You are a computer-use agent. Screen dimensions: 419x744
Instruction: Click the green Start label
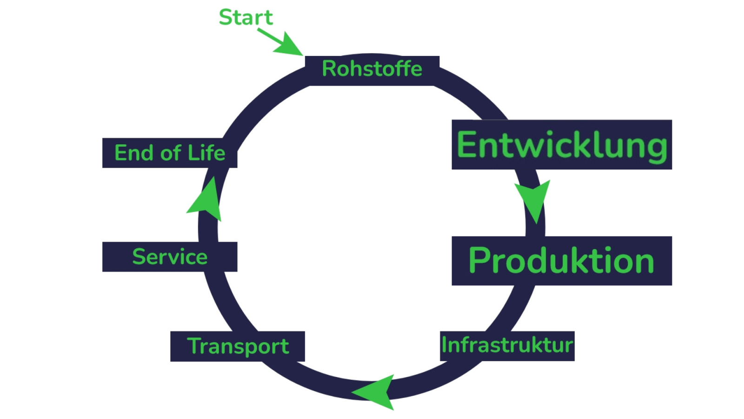pyautogui.click(x=246, y=18)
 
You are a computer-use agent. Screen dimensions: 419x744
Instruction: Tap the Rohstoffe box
pyautogui.click(x=372, y=70)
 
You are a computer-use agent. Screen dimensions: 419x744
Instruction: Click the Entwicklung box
pyautogui.click(x=562, y=145)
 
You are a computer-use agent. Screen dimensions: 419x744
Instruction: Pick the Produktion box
pyautogui.click(x=562, y=261)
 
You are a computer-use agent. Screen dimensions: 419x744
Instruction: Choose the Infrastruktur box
pyautogui.click(x=507, y=345)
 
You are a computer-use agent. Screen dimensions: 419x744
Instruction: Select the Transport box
pyautogui.click(x=238, y=346)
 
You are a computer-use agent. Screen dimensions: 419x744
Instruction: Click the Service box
pyautogui.click(x=170, y=257)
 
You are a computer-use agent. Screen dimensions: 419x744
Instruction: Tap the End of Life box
pyautogui.click(x=170, y=153)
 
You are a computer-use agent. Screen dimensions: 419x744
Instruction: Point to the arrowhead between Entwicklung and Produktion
pyautogui.click(x=533, y=199)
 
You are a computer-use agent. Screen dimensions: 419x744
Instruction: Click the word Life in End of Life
pyautogui.click(x=206, y=153)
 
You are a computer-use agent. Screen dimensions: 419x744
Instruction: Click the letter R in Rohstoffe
pyautogui.click(x=329, y=69)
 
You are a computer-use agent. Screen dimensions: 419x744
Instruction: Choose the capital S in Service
pyautogui.click(x=139, y=257)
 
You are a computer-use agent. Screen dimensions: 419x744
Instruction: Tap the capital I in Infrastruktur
pyautogui.click(x=444, y=345)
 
